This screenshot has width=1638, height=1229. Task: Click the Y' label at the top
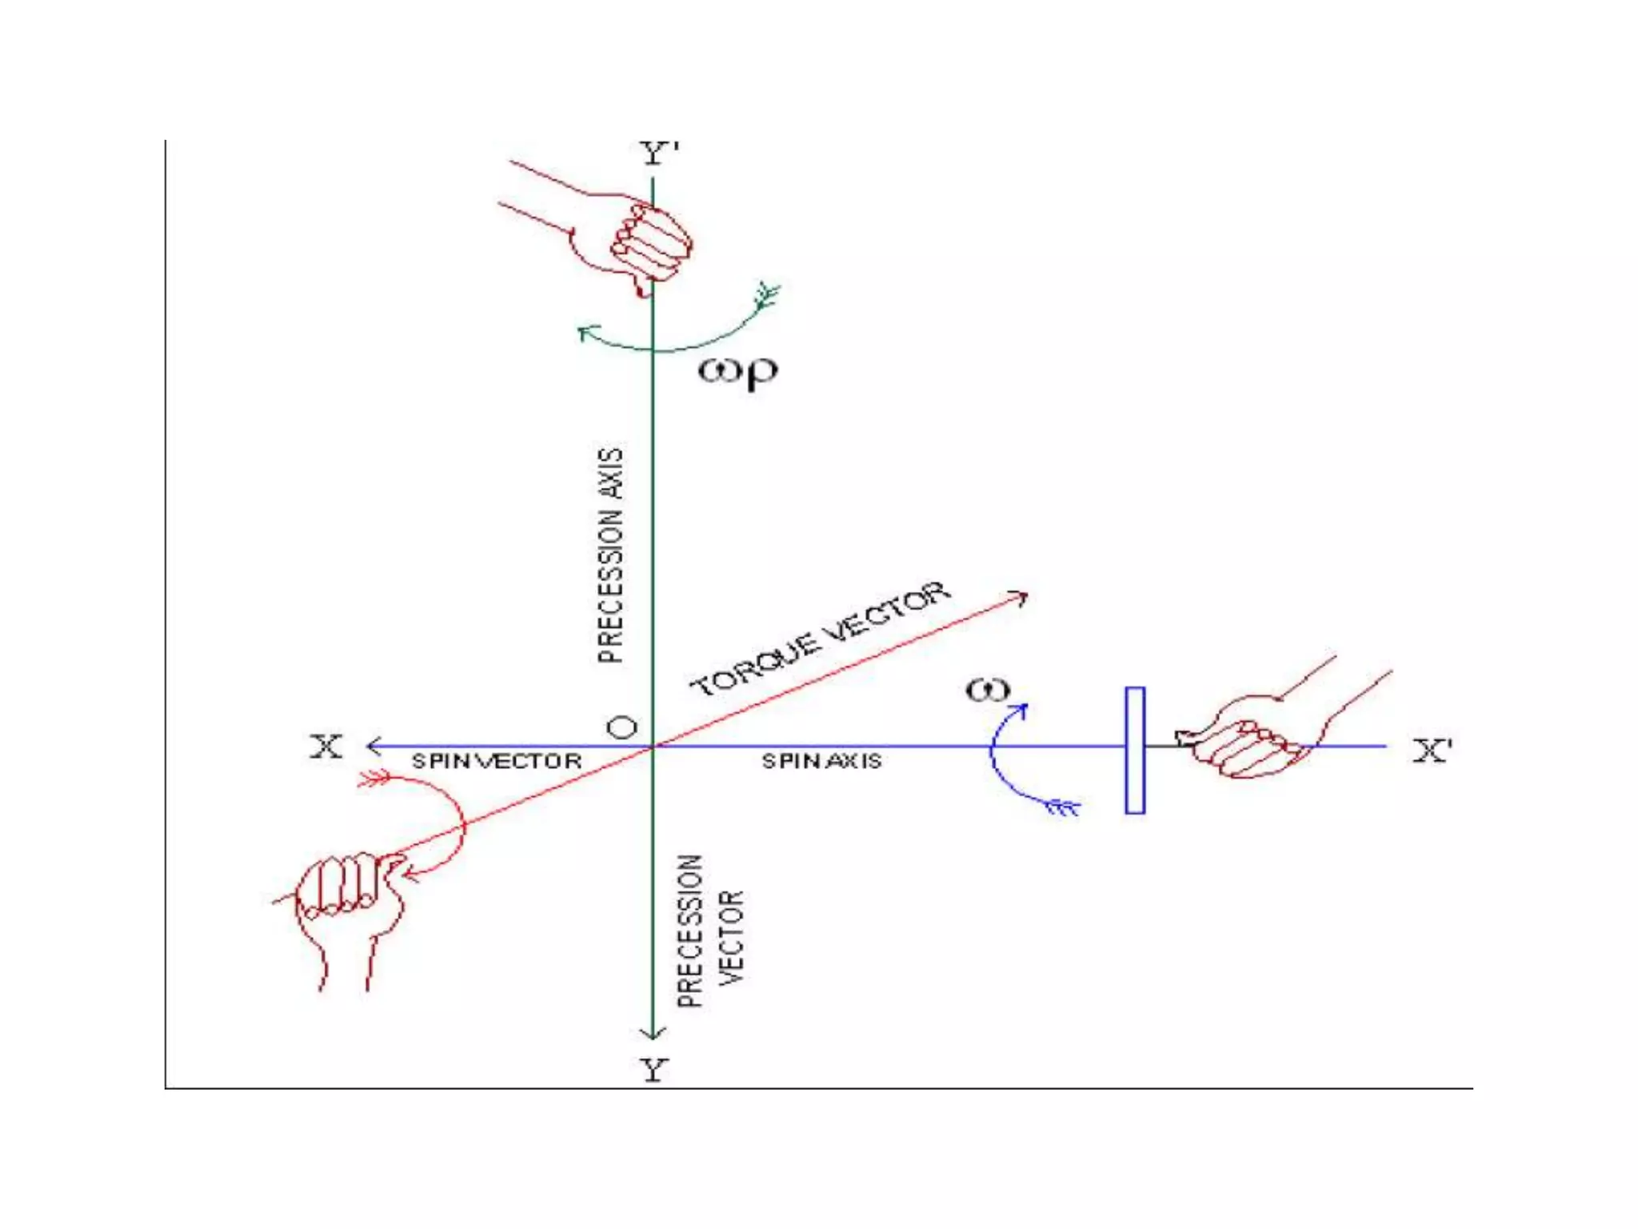point(658,152)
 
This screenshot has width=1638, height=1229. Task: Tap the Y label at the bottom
point(653,1069)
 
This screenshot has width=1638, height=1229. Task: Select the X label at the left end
point(326,747)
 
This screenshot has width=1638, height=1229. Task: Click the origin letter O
point(622,727)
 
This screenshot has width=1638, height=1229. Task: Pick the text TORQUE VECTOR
point(821,639)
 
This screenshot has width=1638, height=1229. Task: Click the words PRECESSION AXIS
point(610,555)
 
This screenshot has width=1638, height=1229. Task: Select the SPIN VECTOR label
point(497,761)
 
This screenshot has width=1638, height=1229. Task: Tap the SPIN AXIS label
point(821,761)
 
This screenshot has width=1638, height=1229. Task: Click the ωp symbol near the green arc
point(737,371)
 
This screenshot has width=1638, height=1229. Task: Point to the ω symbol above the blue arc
point(988,690)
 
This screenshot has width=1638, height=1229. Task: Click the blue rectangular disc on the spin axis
point(1134,751)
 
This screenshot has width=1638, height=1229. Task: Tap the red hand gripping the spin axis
point(1256,736)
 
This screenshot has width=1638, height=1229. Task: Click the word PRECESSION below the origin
point(689,931)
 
